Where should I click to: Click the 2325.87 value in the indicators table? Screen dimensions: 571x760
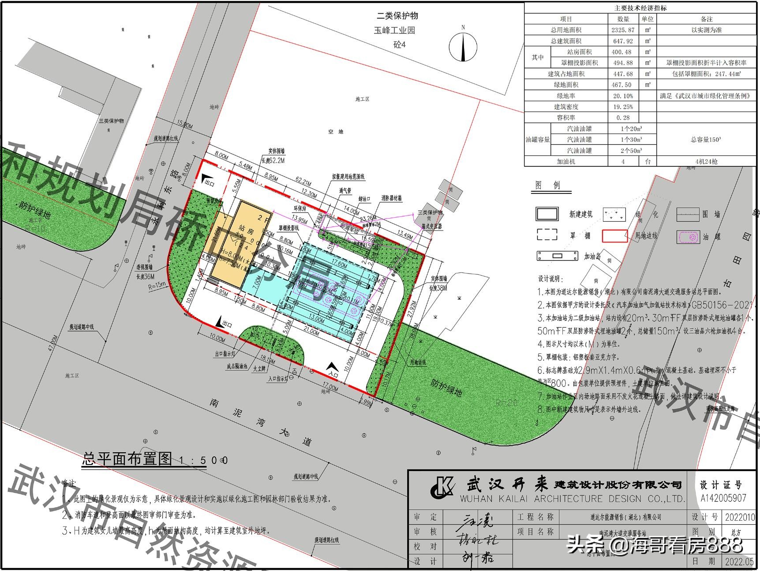tap(623, 30)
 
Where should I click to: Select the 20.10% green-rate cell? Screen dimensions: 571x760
tap(623, 96)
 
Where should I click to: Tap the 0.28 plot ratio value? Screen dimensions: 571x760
tap(623, 117)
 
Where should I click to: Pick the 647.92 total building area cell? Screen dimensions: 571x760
tap(623, 41)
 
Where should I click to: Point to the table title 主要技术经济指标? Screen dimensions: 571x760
tap(640, 8)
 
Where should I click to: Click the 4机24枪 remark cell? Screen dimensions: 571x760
tap(706, 162)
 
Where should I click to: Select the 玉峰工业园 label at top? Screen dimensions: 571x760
tap(394, 30)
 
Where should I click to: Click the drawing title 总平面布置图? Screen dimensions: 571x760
tap(127, 459)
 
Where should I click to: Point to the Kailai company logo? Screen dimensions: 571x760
tap(442, 488)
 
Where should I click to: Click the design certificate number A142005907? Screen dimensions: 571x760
tap(723, 498)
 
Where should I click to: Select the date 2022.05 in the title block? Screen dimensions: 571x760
tap(739, 561)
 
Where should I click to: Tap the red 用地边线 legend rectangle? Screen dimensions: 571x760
tap(614, 236)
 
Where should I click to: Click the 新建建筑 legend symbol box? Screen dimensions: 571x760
tap(547, 214)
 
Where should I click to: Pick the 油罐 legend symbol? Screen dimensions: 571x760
tap(688, 237)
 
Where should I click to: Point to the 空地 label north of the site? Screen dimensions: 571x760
tap(335, 132)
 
